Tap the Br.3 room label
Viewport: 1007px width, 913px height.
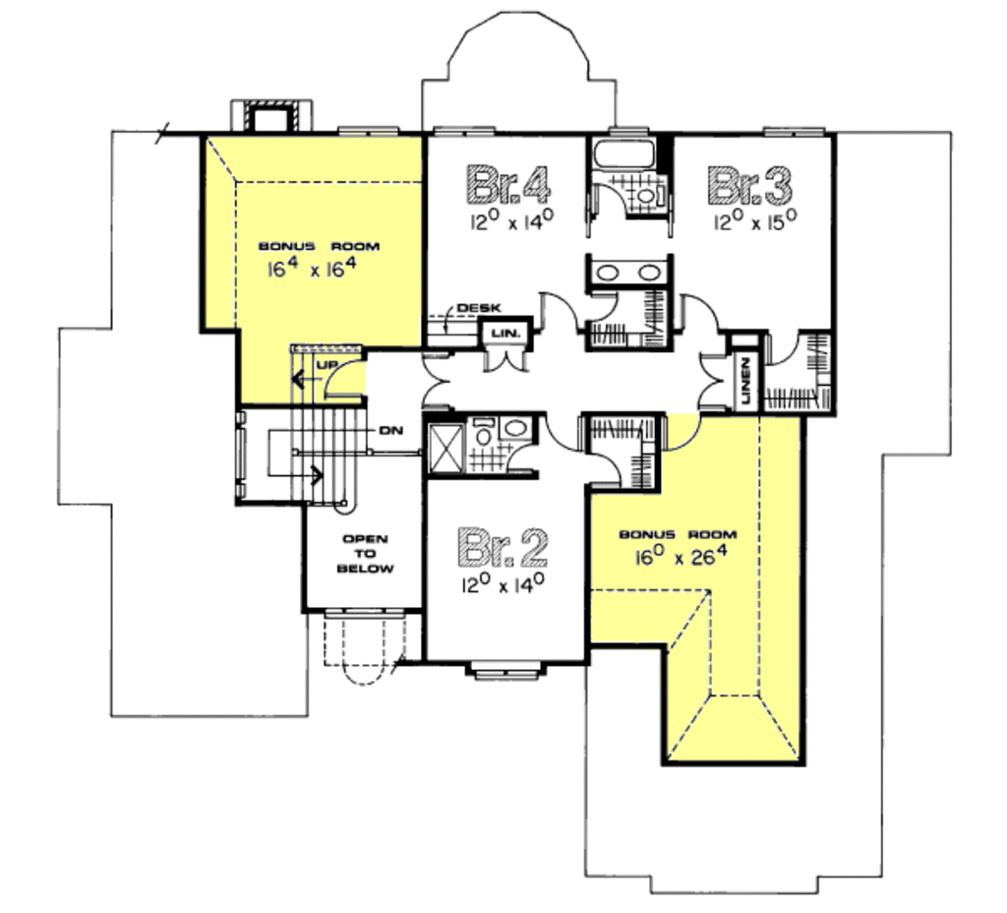750,183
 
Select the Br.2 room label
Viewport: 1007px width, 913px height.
503,547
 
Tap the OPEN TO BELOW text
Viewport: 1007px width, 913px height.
365,554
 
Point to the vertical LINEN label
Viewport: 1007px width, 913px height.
745,379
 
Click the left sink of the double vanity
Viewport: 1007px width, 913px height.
610,272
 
